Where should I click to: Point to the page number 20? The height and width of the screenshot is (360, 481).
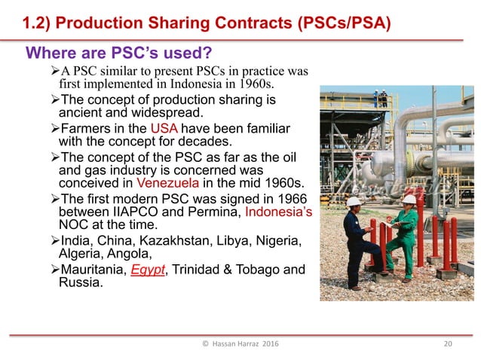click(x=447, y=344)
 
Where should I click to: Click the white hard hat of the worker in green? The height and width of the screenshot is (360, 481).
click(x=408, y=200)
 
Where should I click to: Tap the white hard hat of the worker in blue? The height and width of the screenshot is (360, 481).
click(x=354, y=201)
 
